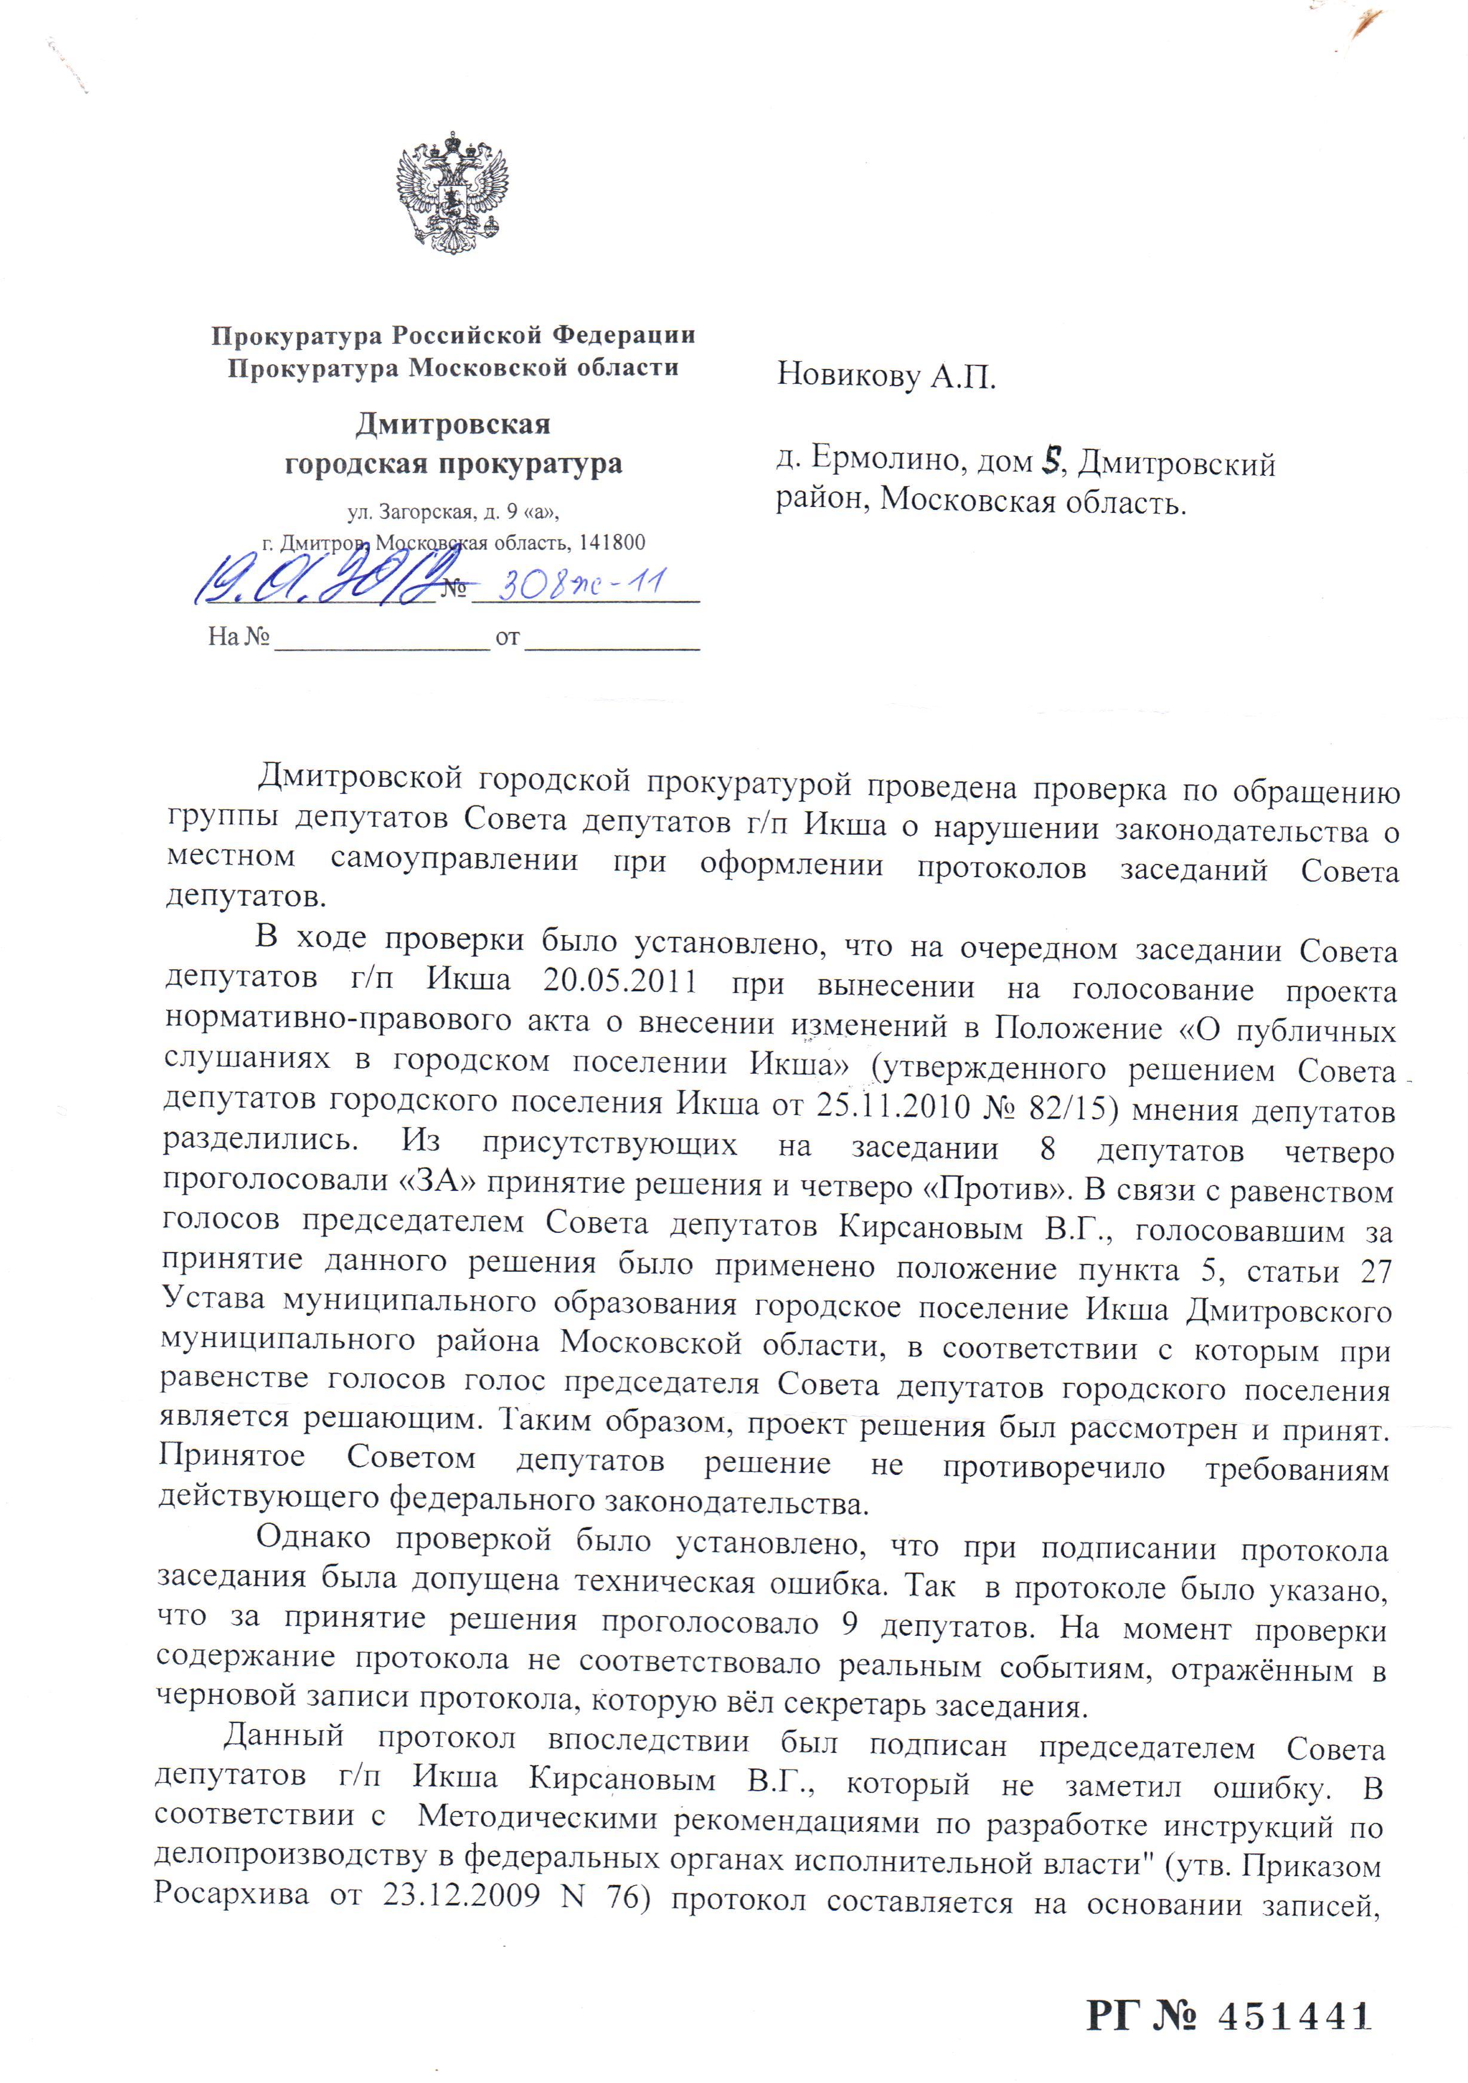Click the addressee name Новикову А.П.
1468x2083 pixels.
click(x=886, y=375)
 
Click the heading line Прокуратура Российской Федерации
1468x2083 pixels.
click(x=453, y=335)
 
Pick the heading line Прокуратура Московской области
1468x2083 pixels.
click(x=453, y=368)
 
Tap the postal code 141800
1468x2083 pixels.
click(x=611, y=542)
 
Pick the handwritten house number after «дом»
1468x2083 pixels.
click(x=1051, y=462)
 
